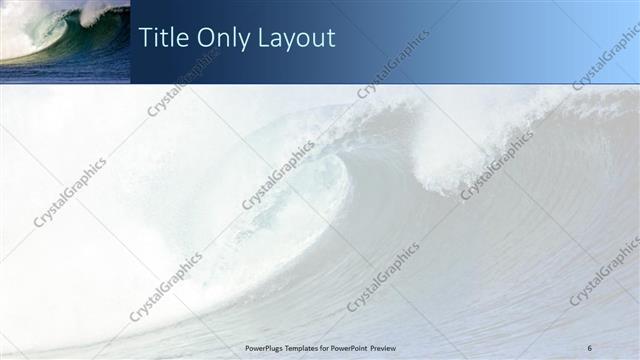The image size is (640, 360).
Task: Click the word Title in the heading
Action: click(163, 38)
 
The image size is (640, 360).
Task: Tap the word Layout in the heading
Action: click(295, 39)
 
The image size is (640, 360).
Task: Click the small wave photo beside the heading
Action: click(65, 41)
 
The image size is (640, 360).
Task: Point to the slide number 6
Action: click(590, 347)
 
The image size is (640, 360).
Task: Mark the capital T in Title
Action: click(145, 38)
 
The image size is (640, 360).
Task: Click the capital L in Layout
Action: click(263, 38)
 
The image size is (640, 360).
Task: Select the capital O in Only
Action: click(205, 38)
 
